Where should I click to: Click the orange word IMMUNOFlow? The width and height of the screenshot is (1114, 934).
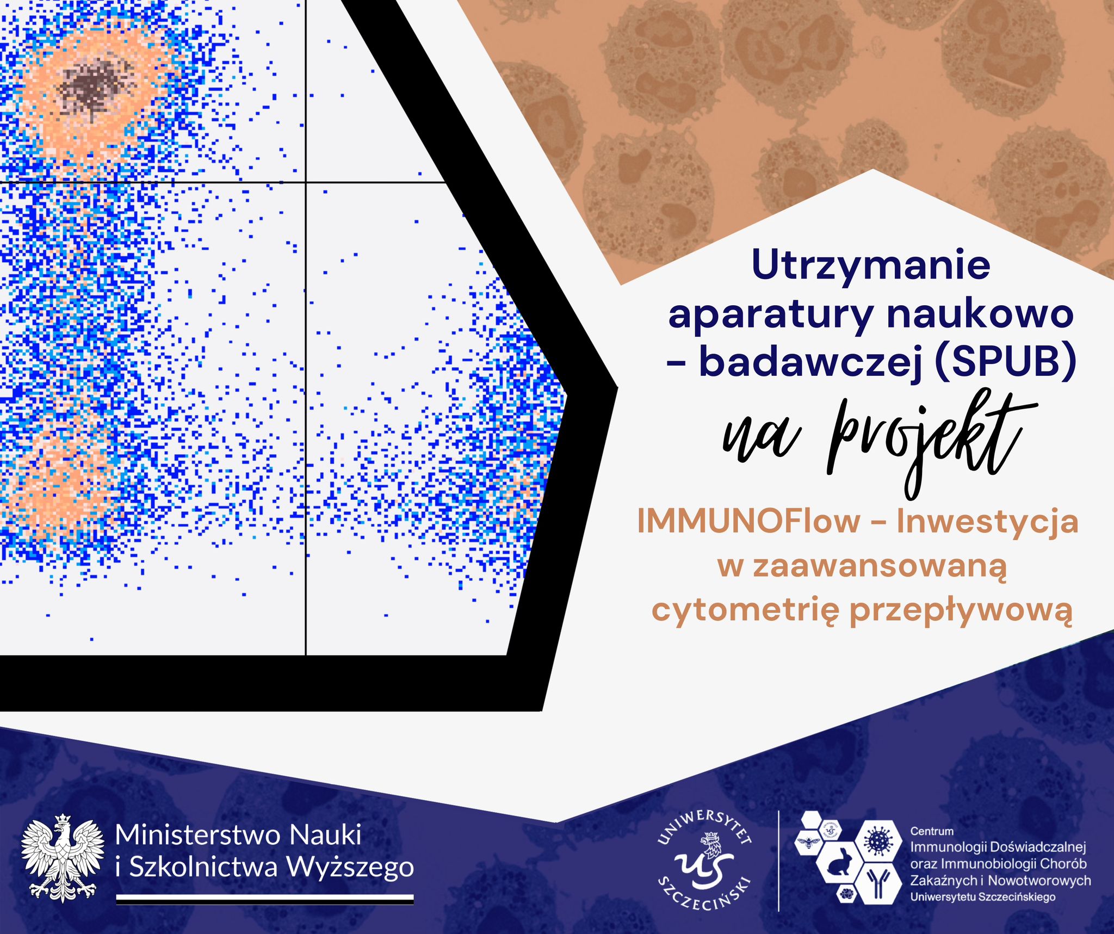tap(748, 521)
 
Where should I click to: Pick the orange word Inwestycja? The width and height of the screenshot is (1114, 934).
tap(987, 521)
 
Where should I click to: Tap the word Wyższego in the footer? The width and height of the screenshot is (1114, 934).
tap(350, 867)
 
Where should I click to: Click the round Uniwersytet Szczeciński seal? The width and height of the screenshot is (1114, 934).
tap(705, 860)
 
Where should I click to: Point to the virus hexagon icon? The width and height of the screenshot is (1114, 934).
tap(878, 840)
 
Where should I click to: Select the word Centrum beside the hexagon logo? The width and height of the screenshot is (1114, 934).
tap(932, 831)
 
